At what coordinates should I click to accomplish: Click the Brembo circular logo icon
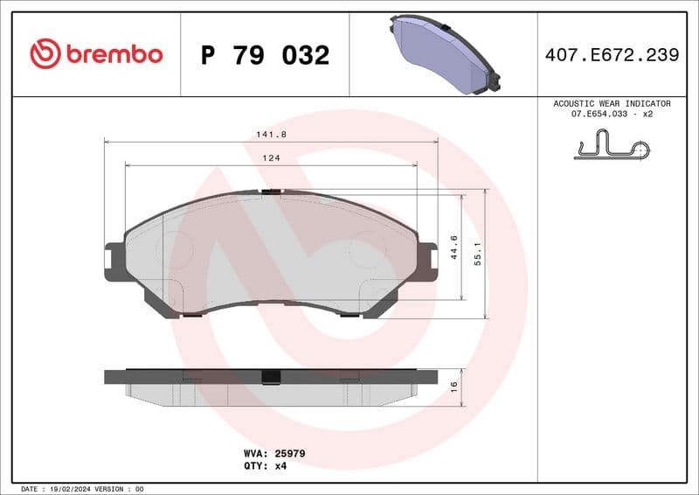(x=45, y=54)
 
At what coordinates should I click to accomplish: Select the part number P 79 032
(x=265, y=55)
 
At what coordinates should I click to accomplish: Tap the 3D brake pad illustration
(x=443, y=54)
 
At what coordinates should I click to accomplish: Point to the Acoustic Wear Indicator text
(x=612, y=103)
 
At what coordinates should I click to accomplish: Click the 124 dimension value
(x=271, y=157)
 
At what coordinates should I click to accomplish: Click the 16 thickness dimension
(x=453, y=387)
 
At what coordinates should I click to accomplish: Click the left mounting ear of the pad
(x=113, y=261)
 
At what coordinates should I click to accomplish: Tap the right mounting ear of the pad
(x=427, y=261)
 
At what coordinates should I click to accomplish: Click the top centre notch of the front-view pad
(x=271, y=191)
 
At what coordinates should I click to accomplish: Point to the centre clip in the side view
(x=271, y=377)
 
